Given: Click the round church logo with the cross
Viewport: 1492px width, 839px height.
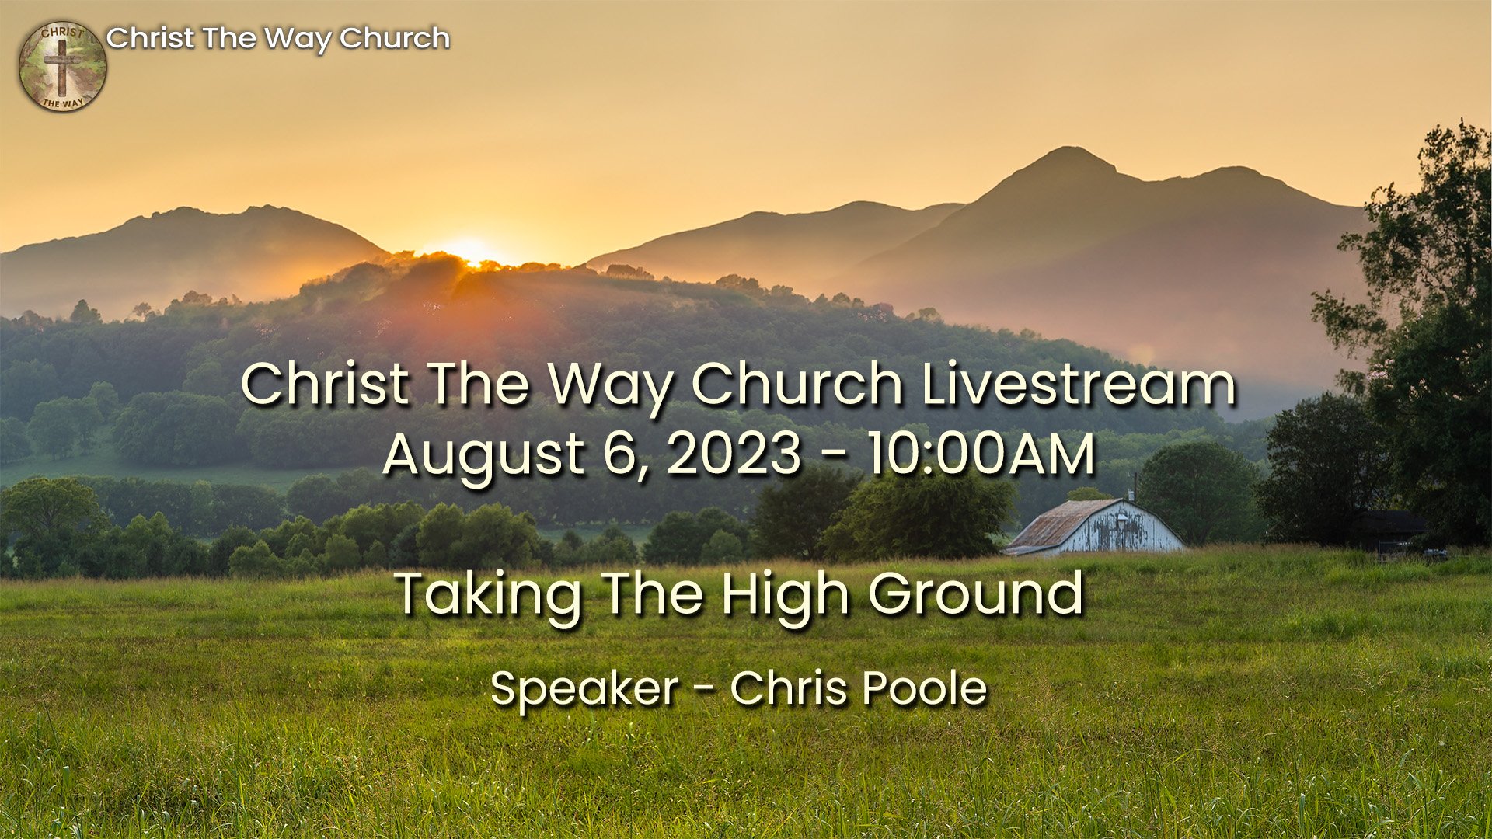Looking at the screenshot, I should (62, 67).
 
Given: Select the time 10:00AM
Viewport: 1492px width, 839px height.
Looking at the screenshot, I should (981, 454).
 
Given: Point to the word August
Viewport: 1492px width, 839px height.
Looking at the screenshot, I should (483, 455).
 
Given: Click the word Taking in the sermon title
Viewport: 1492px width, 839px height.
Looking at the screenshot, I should (488, 595).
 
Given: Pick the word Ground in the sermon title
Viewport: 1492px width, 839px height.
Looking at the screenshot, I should (975, 594).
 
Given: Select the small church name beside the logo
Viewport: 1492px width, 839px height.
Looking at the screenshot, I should (277, 38).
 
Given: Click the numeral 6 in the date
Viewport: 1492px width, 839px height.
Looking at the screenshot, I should (618, 454).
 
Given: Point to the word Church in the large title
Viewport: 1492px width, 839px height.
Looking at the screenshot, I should (797, 384).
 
